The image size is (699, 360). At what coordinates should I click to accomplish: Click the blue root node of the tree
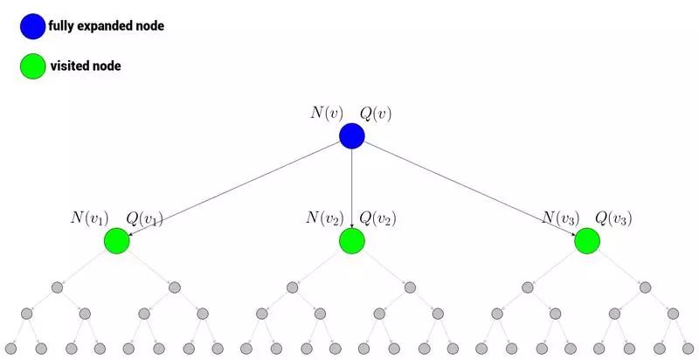351,135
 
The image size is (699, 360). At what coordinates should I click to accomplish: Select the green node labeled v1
116,241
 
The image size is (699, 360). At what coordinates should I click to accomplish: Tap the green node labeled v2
351,241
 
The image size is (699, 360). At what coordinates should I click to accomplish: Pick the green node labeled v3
586,241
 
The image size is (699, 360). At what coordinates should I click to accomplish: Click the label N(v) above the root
328,113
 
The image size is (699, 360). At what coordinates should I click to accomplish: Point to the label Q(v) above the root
377,113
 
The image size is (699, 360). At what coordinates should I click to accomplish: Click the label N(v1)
90,218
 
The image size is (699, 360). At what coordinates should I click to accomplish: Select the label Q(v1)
144,218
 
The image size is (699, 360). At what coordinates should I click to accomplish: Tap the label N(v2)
325,218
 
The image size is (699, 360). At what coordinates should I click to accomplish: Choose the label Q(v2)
377,218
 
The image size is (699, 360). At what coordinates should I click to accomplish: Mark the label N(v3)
560,218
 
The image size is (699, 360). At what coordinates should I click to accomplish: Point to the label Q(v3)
613,218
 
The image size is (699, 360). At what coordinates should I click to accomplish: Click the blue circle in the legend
32,27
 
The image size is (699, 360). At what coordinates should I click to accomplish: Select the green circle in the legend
32,66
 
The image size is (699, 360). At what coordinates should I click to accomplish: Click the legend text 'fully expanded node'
106,27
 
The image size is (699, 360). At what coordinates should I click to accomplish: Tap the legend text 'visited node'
84,66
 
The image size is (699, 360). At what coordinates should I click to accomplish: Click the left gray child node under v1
58,287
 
